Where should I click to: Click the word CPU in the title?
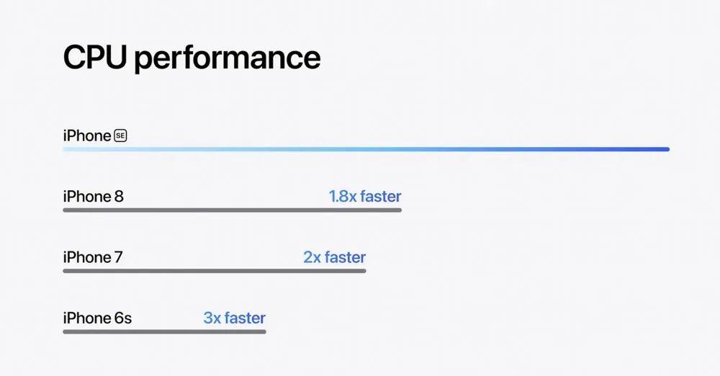coord(94,57)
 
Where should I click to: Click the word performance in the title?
coord(228,59)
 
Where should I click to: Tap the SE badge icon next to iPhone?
coord(120,135)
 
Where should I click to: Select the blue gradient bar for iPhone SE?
coord(366,149)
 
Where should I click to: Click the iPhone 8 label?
coord(93,196)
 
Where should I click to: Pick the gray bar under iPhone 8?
coord(233,210)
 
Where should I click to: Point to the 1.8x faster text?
coord(365,196)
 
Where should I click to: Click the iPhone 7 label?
coord(93,257)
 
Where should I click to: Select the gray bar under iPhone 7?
coord(215,271)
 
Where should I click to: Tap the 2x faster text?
coord(334,257)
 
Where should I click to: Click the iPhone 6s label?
coord(97,318)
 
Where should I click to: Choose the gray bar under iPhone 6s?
coord(164,331)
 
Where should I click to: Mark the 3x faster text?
coord(234,318)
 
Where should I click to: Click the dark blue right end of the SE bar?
coord(667,149)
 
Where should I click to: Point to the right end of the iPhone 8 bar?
coord(400,210)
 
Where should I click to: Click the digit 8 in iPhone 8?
coord(119,197)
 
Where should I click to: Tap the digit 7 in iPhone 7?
coord(119,257)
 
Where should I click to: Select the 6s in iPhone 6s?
coord(122,318)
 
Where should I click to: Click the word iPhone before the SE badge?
coord(87,135)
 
